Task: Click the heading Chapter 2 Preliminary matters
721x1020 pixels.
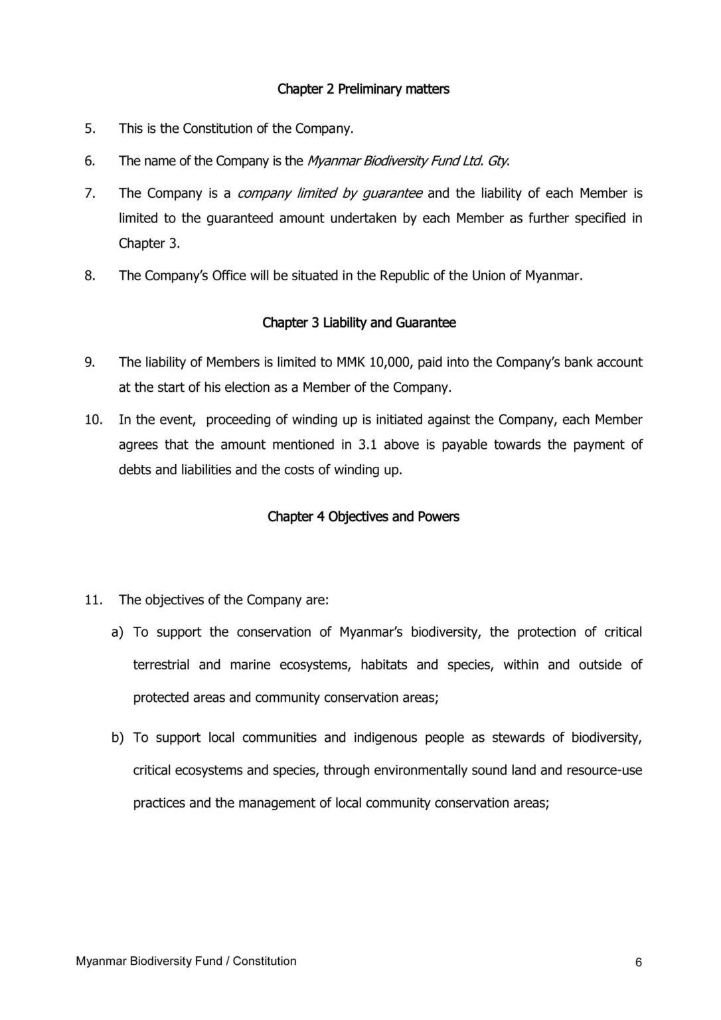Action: (362, 89)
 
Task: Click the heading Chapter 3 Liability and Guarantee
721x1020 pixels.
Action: (359, 323)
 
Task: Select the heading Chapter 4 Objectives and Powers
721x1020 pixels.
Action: (363, 517)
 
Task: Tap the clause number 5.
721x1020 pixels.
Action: (90, 129)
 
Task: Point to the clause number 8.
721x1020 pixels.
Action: (90, 276)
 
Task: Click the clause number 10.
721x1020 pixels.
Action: (93, 420)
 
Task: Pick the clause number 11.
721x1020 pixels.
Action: (93, 600)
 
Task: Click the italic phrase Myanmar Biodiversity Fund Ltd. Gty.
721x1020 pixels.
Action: (408, 161)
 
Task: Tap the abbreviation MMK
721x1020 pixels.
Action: (351, 363)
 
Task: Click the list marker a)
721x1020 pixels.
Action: (118, 632)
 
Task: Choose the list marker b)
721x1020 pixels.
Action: (118, 738)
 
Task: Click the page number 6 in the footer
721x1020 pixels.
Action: (639, 963)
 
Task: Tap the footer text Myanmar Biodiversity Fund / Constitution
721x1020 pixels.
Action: (186, 962)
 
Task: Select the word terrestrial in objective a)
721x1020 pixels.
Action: (161, 665)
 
